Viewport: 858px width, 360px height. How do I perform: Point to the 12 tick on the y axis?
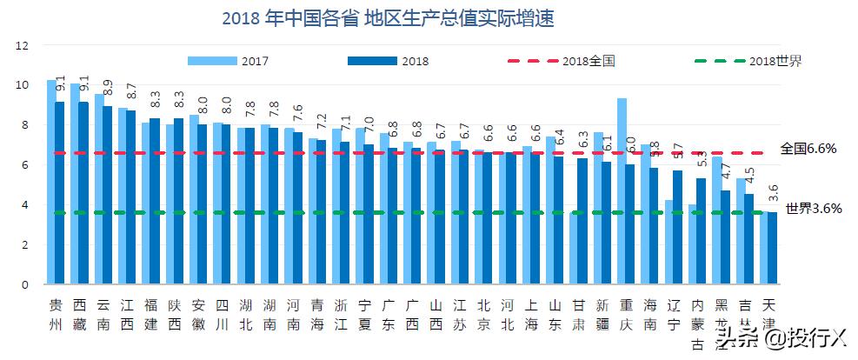[x=23, y=45]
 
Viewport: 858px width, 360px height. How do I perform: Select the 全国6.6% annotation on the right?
[x=808, y=149]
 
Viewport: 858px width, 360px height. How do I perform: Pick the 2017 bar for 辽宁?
[x=668, y=242]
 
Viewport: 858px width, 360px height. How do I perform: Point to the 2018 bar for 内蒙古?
[x=702, y=231]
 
